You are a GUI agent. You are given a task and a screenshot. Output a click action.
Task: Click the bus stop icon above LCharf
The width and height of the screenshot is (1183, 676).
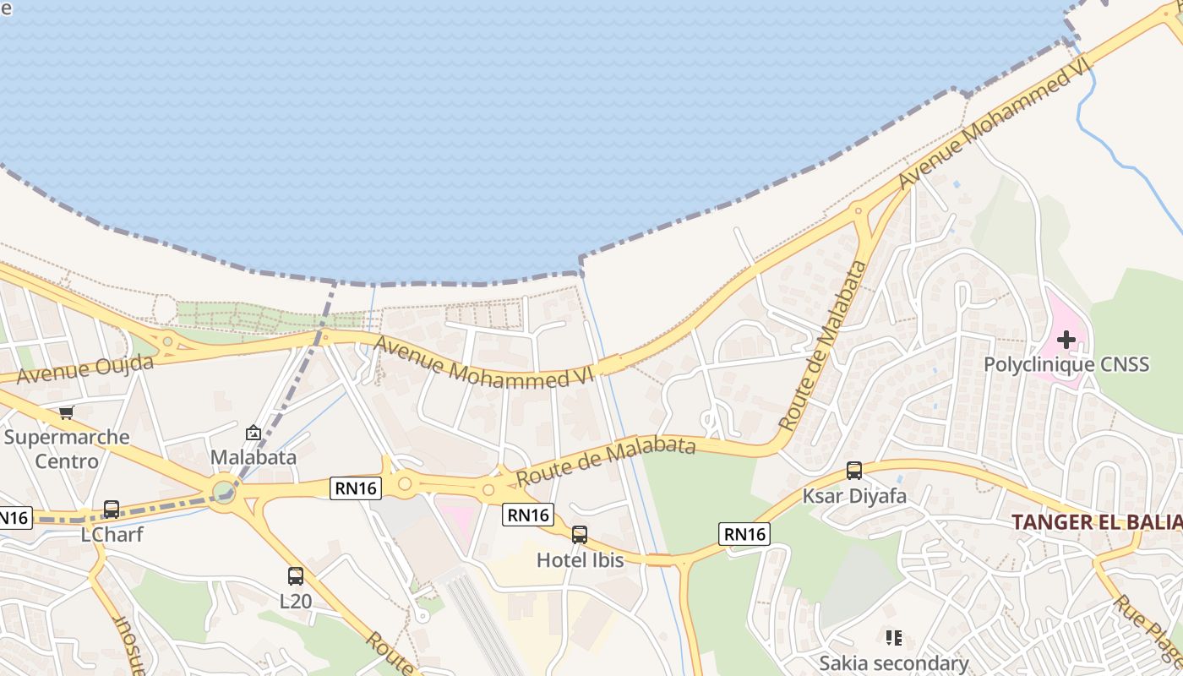[111, 510]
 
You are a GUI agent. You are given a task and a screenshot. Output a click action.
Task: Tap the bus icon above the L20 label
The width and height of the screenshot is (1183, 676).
[295, 576]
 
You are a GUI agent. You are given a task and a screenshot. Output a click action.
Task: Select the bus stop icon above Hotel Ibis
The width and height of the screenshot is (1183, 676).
[580, 534]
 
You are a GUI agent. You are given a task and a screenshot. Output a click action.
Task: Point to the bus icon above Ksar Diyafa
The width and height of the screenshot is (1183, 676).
[854, 471]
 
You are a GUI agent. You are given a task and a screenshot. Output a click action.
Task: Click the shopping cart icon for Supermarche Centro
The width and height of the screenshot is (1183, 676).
[66, 412]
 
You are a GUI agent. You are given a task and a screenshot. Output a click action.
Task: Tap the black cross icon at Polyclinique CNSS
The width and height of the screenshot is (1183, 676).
[1066, 340]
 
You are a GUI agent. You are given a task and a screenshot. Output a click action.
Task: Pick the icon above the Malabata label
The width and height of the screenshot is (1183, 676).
[253, 433]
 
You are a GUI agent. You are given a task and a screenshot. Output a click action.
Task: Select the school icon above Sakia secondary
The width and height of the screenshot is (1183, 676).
[893, 637]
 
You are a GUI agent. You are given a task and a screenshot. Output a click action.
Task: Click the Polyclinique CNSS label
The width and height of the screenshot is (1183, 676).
[1066, 365]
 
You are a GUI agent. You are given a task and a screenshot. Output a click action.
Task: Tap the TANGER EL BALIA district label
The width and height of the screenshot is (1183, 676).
[1097, 522]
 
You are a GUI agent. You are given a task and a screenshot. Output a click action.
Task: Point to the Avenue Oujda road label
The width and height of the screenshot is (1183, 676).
[84, 369]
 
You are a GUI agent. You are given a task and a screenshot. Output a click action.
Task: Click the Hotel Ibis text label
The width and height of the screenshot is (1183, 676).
[581, 559]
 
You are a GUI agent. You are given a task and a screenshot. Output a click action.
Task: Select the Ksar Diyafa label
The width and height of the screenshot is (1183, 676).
[854, 496]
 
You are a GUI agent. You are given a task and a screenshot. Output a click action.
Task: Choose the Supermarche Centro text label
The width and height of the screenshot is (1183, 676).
[67, 449]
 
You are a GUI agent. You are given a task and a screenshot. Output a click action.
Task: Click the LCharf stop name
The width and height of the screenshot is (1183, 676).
[112, 535]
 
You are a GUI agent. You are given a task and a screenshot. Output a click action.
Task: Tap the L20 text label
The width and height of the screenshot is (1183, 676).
[296, 602]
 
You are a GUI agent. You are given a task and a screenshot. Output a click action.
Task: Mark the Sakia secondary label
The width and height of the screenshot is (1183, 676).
[893, 663]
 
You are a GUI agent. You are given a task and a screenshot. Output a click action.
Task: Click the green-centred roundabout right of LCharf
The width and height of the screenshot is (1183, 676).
[224, 491]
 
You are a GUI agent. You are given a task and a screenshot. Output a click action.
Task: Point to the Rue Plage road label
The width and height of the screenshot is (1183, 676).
[1145, 630]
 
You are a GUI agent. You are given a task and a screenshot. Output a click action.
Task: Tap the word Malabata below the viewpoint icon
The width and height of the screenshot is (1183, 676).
[253, 457]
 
